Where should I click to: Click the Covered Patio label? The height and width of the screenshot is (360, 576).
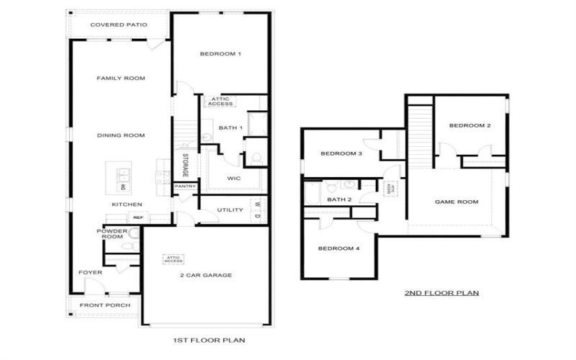pos(119,25)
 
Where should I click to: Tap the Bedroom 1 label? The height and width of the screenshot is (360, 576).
pos(220,54)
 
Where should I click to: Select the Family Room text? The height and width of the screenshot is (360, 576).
pos(122,78)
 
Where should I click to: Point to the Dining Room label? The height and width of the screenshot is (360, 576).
pos(122,135)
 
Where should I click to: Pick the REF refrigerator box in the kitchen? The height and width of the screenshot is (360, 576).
pos(138,217)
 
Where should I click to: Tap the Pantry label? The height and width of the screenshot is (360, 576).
pos(184,186)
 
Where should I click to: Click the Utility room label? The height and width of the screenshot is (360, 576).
pos(230,210)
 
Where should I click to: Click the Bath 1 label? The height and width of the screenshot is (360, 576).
pos(230,128)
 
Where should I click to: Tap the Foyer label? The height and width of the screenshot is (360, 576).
pos(90,273)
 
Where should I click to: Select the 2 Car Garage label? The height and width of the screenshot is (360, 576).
pos(206,275)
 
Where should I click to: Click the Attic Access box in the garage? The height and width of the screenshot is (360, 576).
pos(174,258)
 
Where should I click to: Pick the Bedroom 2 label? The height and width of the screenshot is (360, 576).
pos(469,126)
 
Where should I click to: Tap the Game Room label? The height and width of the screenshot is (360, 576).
pos(456,202)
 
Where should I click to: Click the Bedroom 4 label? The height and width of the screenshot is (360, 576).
pos(339,249)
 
